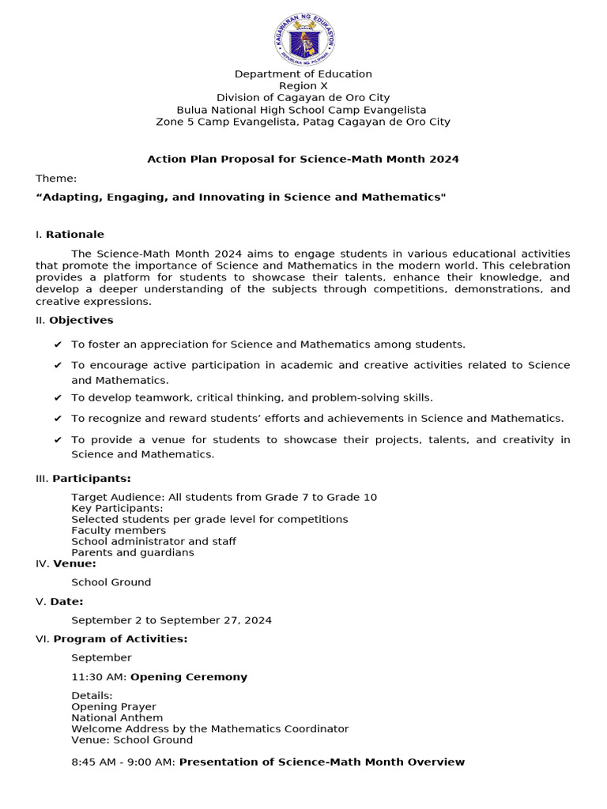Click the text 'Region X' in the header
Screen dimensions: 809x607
(303, 85)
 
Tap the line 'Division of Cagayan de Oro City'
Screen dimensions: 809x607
(303, 97)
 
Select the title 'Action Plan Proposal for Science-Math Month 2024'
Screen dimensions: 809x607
(303, 159)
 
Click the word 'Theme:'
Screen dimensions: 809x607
(56, 178)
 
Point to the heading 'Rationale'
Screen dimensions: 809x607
(75, 234)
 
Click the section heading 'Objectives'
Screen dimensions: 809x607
(81, 320)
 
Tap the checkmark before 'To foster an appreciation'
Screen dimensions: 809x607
(58, 344)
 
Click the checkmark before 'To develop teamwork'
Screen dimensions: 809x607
(58, 398)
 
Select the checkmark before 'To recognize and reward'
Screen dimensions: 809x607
(58, 419)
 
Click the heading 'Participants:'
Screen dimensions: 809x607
(92, 478)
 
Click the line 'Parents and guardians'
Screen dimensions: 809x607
(132, 552)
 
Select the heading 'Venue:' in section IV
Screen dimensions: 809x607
(74, 563)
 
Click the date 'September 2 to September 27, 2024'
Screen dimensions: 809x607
(172, 620)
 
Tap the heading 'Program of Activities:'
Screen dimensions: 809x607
(120, 638)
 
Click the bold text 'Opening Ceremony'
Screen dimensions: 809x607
(189, 676)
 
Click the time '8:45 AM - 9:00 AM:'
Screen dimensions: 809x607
(123, 762)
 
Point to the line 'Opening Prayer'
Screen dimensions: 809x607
(114, 706)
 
